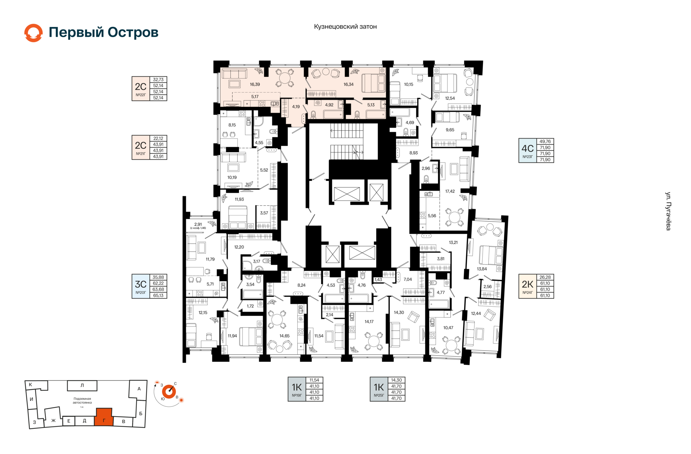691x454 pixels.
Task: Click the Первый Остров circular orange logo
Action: click(33, 33)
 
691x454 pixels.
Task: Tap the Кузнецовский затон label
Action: click(345, 27)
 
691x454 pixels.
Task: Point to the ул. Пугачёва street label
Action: click(668, 211)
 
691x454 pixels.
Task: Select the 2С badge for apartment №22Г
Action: click(141, 89)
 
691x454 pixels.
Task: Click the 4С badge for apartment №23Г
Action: click(528, 150)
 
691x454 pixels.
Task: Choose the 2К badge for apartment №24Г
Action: click(528, 286)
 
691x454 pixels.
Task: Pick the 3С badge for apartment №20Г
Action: click(141, 286)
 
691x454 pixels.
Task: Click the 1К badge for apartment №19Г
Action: click(297, 389)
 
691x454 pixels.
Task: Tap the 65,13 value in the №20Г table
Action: click(158, 295)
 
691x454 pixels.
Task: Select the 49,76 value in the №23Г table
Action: click(545, 142)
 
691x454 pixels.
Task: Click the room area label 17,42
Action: click(450, 191)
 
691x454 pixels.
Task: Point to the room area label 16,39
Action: click(255, 84)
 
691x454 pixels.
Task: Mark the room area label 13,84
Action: click(482, 269)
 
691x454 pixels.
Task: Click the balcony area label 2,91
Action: click(198, 224)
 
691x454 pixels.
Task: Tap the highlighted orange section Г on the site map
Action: click(104, 417)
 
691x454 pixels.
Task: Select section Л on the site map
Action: click(82, 386)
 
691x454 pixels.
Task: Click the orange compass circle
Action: click(169, 391)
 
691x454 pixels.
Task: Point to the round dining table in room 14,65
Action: click(277, 320)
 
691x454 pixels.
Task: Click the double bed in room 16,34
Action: click(373, 83)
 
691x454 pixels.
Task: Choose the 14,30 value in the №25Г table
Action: click(396, 380)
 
